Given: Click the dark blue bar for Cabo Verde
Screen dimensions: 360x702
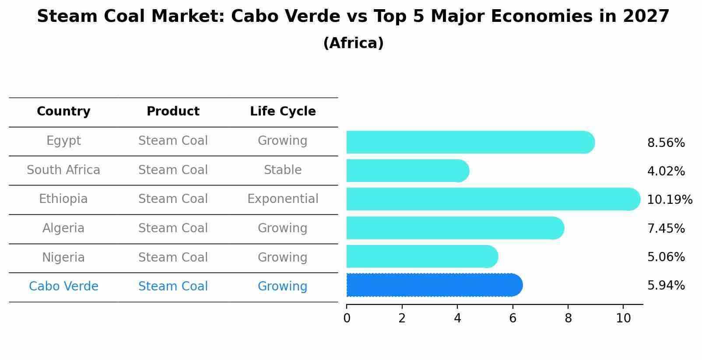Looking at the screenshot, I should point(433,285).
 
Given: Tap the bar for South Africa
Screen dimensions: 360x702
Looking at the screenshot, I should point(407,171).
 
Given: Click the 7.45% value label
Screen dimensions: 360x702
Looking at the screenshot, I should point(666,228).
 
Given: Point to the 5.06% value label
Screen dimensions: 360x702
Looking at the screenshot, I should point(666,257).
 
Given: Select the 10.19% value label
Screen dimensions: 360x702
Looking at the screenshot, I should point(669,199).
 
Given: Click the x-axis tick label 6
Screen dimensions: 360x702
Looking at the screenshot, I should point(512,318).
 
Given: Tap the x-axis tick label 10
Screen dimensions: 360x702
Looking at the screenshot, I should point(623,318).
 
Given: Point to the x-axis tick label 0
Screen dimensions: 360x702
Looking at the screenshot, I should point(347,318).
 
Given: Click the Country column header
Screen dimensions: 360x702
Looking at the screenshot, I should point(63,112).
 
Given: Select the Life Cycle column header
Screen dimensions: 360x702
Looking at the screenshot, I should point(283,112).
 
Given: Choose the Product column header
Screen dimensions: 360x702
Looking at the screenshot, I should point(173,112).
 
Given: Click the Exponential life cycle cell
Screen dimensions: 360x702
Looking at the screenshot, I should point(283,199).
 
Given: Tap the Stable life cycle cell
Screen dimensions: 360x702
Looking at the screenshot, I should point(283,170).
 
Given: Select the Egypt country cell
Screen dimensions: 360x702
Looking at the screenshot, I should point(63,141).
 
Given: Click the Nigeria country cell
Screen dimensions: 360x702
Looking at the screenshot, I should point(63,257).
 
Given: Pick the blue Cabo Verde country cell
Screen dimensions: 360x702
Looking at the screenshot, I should point(63,287).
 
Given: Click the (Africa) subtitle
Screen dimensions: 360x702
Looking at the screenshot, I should point(353,43).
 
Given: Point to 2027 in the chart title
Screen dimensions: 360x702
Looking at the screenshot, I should point(646,17).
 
